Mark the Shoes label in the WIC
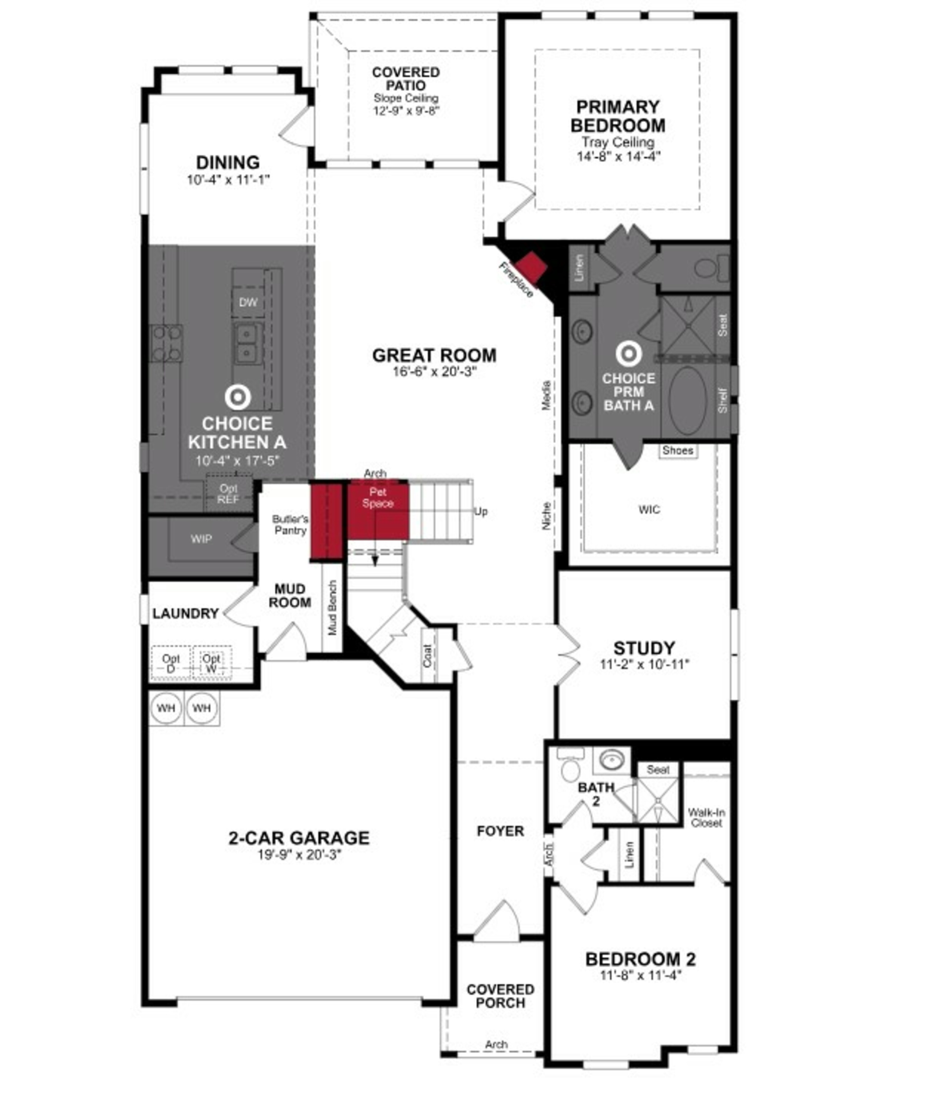point(677,450)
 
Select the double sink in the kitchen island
point(247,343)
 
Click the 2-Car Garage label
point(299,838)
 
